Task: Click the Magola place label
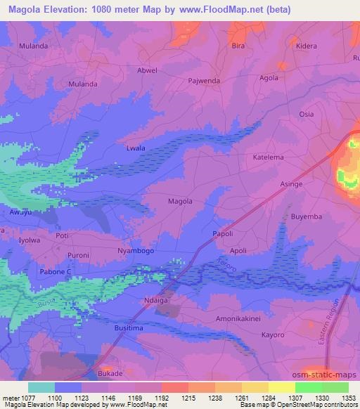(x=180, y=202)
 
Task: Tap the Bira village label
(x=238, y=46)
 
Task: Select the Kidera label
(x=307, y=46)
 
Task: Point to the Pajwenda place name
(x=205, y=81)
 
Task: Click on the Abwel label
(x=148, y=71)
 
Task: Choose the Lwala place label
(x=135, y=148)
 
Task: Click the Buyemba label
(x=307, y=217)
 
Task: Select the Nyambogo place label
(x=136, y=251)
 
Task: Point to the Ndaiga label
(x=156, y=299)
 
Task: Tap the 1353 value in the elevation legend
(x=348, y=398)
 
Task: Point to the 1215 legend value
(x=188, y=398)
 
